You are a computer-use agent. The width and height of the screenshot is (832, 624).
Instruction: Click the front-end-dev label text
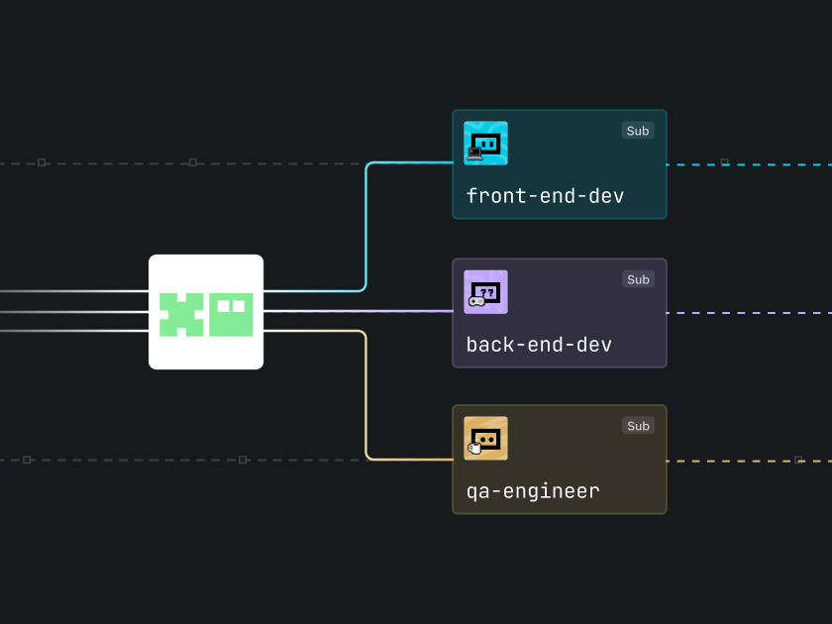click(x=545, y=196)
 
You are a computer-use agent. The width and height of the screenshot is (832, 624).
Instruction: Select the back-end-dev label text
click(x=539, y=345)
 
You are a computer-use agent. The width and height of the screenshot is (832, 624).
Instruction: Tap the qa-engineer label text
click(x=533, y=491)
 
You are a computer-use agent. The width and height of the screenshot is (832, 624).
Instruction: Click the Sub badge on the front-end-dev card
click(x=638, y=131)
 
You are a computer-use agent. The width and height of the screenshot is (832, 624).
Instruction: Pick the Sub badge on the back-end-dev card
click(x=638, y=279)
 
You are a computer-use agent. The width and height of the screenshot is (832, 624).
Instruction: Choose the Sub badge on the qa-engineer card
click(x=638, y=426)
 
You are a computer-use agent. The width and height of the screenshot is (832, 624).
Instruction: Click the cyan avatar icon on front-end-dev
click(x=485, y=143)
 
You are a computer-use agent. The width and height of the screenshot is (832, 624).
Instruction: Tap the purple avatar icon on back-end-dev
click(x=485, y=292)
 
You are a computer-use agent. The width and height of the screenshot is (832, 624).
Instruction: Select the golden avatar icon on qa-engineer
click(x=485, y=438)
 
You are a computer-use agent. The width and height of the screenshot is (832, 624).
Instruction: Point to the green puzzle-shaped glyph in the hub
click(x=181, y=314)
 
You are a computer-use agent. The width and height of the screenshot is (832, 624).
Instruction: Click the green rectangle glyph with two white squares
click(x=231, y=314)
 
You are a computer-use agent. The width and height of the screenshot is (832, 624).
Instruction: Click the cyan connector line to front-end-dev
click(x=366, y=228)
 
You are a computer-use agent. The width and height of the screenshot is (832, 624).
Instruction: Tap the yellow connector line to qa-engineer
click(x=366, y=396)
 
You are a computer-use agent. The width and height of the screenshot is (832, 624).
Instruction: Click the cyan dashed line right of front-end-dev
click(x=773, y=163)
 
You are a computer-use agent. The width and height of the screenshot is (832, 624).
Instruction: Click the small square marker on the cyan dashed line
click(x=724, y=162)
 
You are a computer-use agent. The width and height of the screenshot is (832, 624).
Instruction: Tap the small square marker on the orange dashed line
click(x=798, y=460)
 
